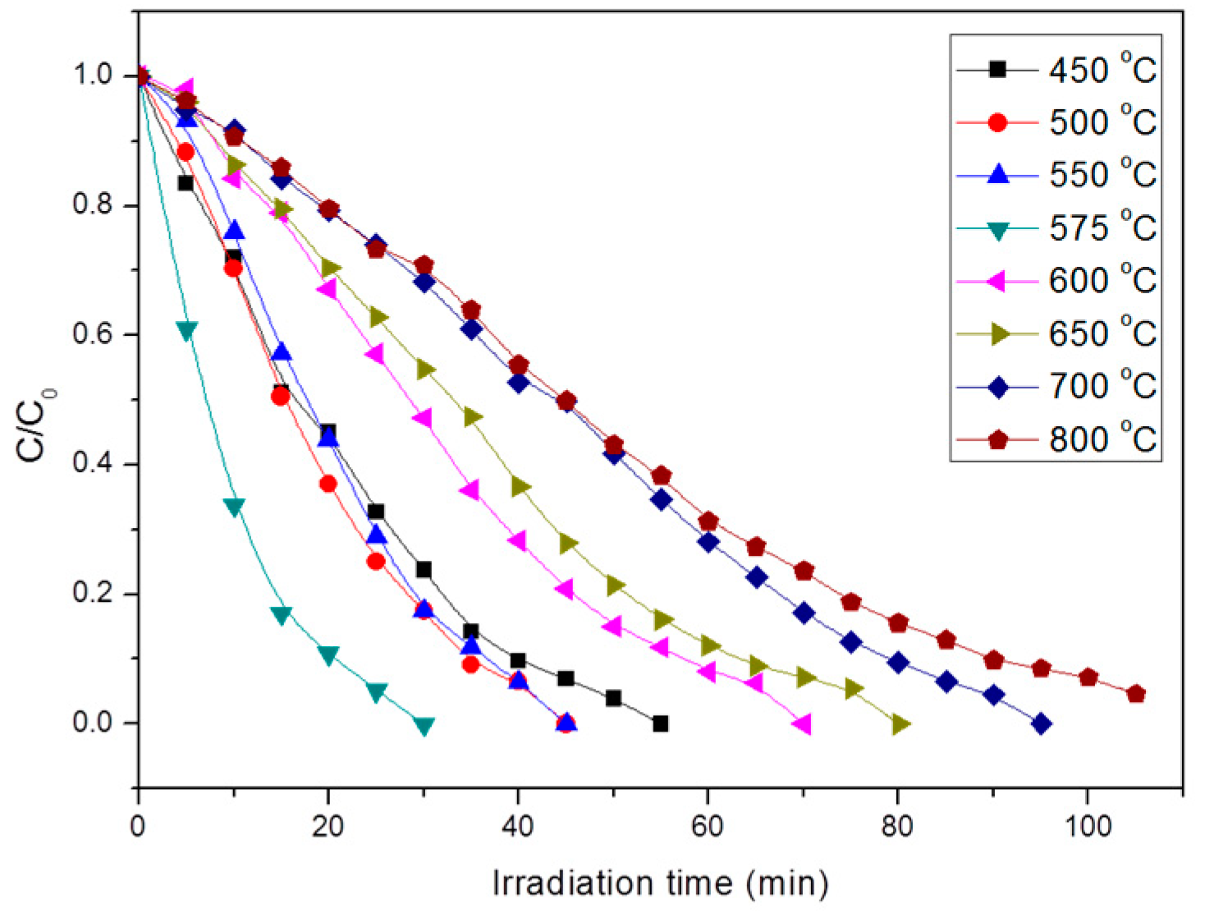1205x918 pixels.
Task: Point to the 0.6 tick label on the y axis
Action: tap(92, 335)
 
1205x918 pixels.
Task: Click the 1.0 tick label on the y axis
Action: tap(92, 76)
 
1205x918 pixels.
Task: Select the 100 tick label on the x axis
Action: tap(1087, 825)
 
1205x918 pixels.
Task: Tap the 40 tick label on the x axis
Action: tap(518, 825)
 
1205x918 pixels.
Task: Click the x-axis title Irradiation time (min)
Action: tap(660, 884)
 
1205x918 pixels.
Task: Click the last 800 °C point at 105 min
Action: tap(1136, 695)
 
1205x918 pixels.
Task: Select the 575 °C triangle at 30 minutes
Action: tap(424, 726)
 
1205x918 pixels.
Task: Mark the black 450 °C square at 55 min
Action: tap(660, 723)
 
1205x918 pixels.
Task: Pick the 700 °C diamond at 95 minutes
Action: tap(1041, 724)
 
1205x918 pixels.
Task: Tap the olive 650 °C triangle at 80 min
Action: tap(900, 724)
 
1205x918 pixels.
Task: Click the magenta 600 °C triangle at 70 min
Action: tap(803, 724)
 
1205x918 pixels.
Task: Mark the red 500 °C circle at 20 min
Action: tap(328, 484)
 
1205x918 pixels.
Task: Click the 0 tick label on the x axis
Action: tap(138, 825)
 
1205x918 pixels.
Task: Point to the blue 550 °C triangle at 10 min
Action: tap(234, 230)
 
